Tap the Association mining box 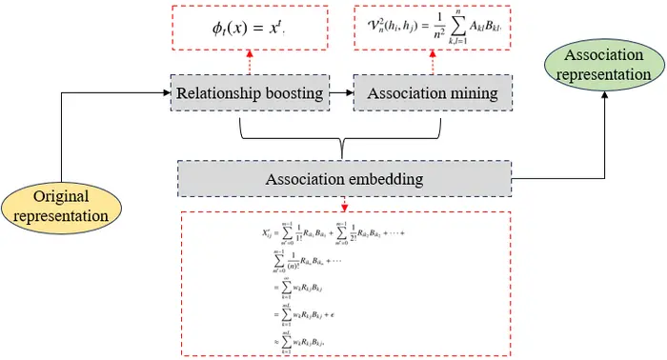[433, 92]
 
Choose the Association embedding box [344, 178]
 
